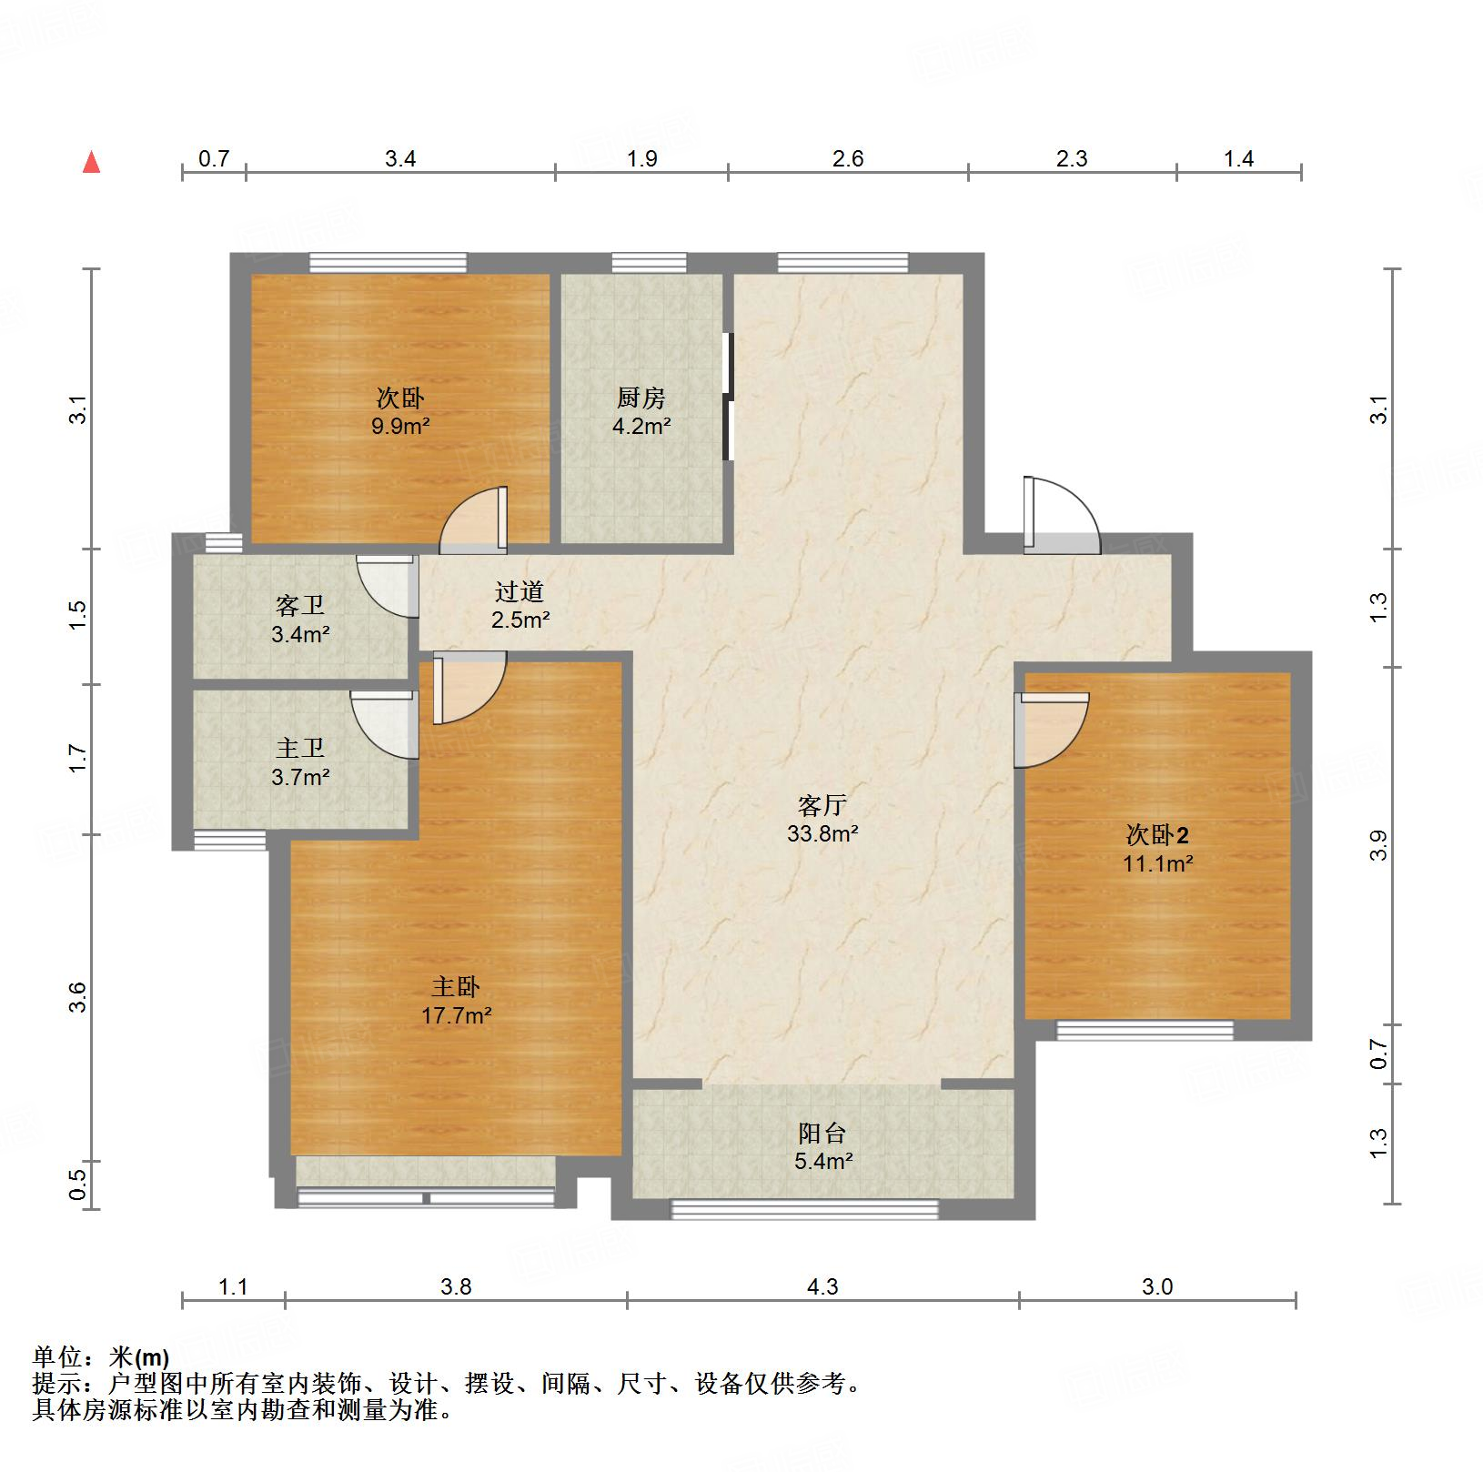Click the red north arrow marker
pyautogui.click(x=91, y=163)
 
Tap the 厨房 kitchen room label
pyautogui.click(x=641, y=398)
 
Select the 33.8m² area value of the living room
pyautogui.click(x=822, y=833)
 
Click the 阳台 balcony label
pyautogui.click(x=822, y=1133)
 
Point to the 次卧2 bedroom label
pyautogui.click(x=1157, y=834)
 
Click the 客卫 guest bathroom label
pyautogui.click(x=300, y=605)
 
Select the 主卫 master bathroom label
pyautogui.click(x=300, y=748)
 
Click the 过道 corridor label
pyautogui.click(x=520, y=591)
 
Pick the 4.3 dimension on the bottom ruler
pyautogui.click(x=822, y=1286)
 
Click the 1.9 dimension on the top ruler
pyautogui.click(x=641, y=159)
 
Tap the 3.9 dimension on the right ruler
pyautogui.click(x=1379, y=846)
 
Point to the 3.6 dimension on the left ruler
pyautogui.click(x=80, y=998)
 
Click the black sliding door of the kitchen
pyautogui.click(x=727, y=397)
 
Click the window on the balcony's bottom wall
pyautogui.click(x=804, y=1209)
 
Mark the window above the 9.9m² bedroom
pyautogui.click(x=388, y=263)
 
